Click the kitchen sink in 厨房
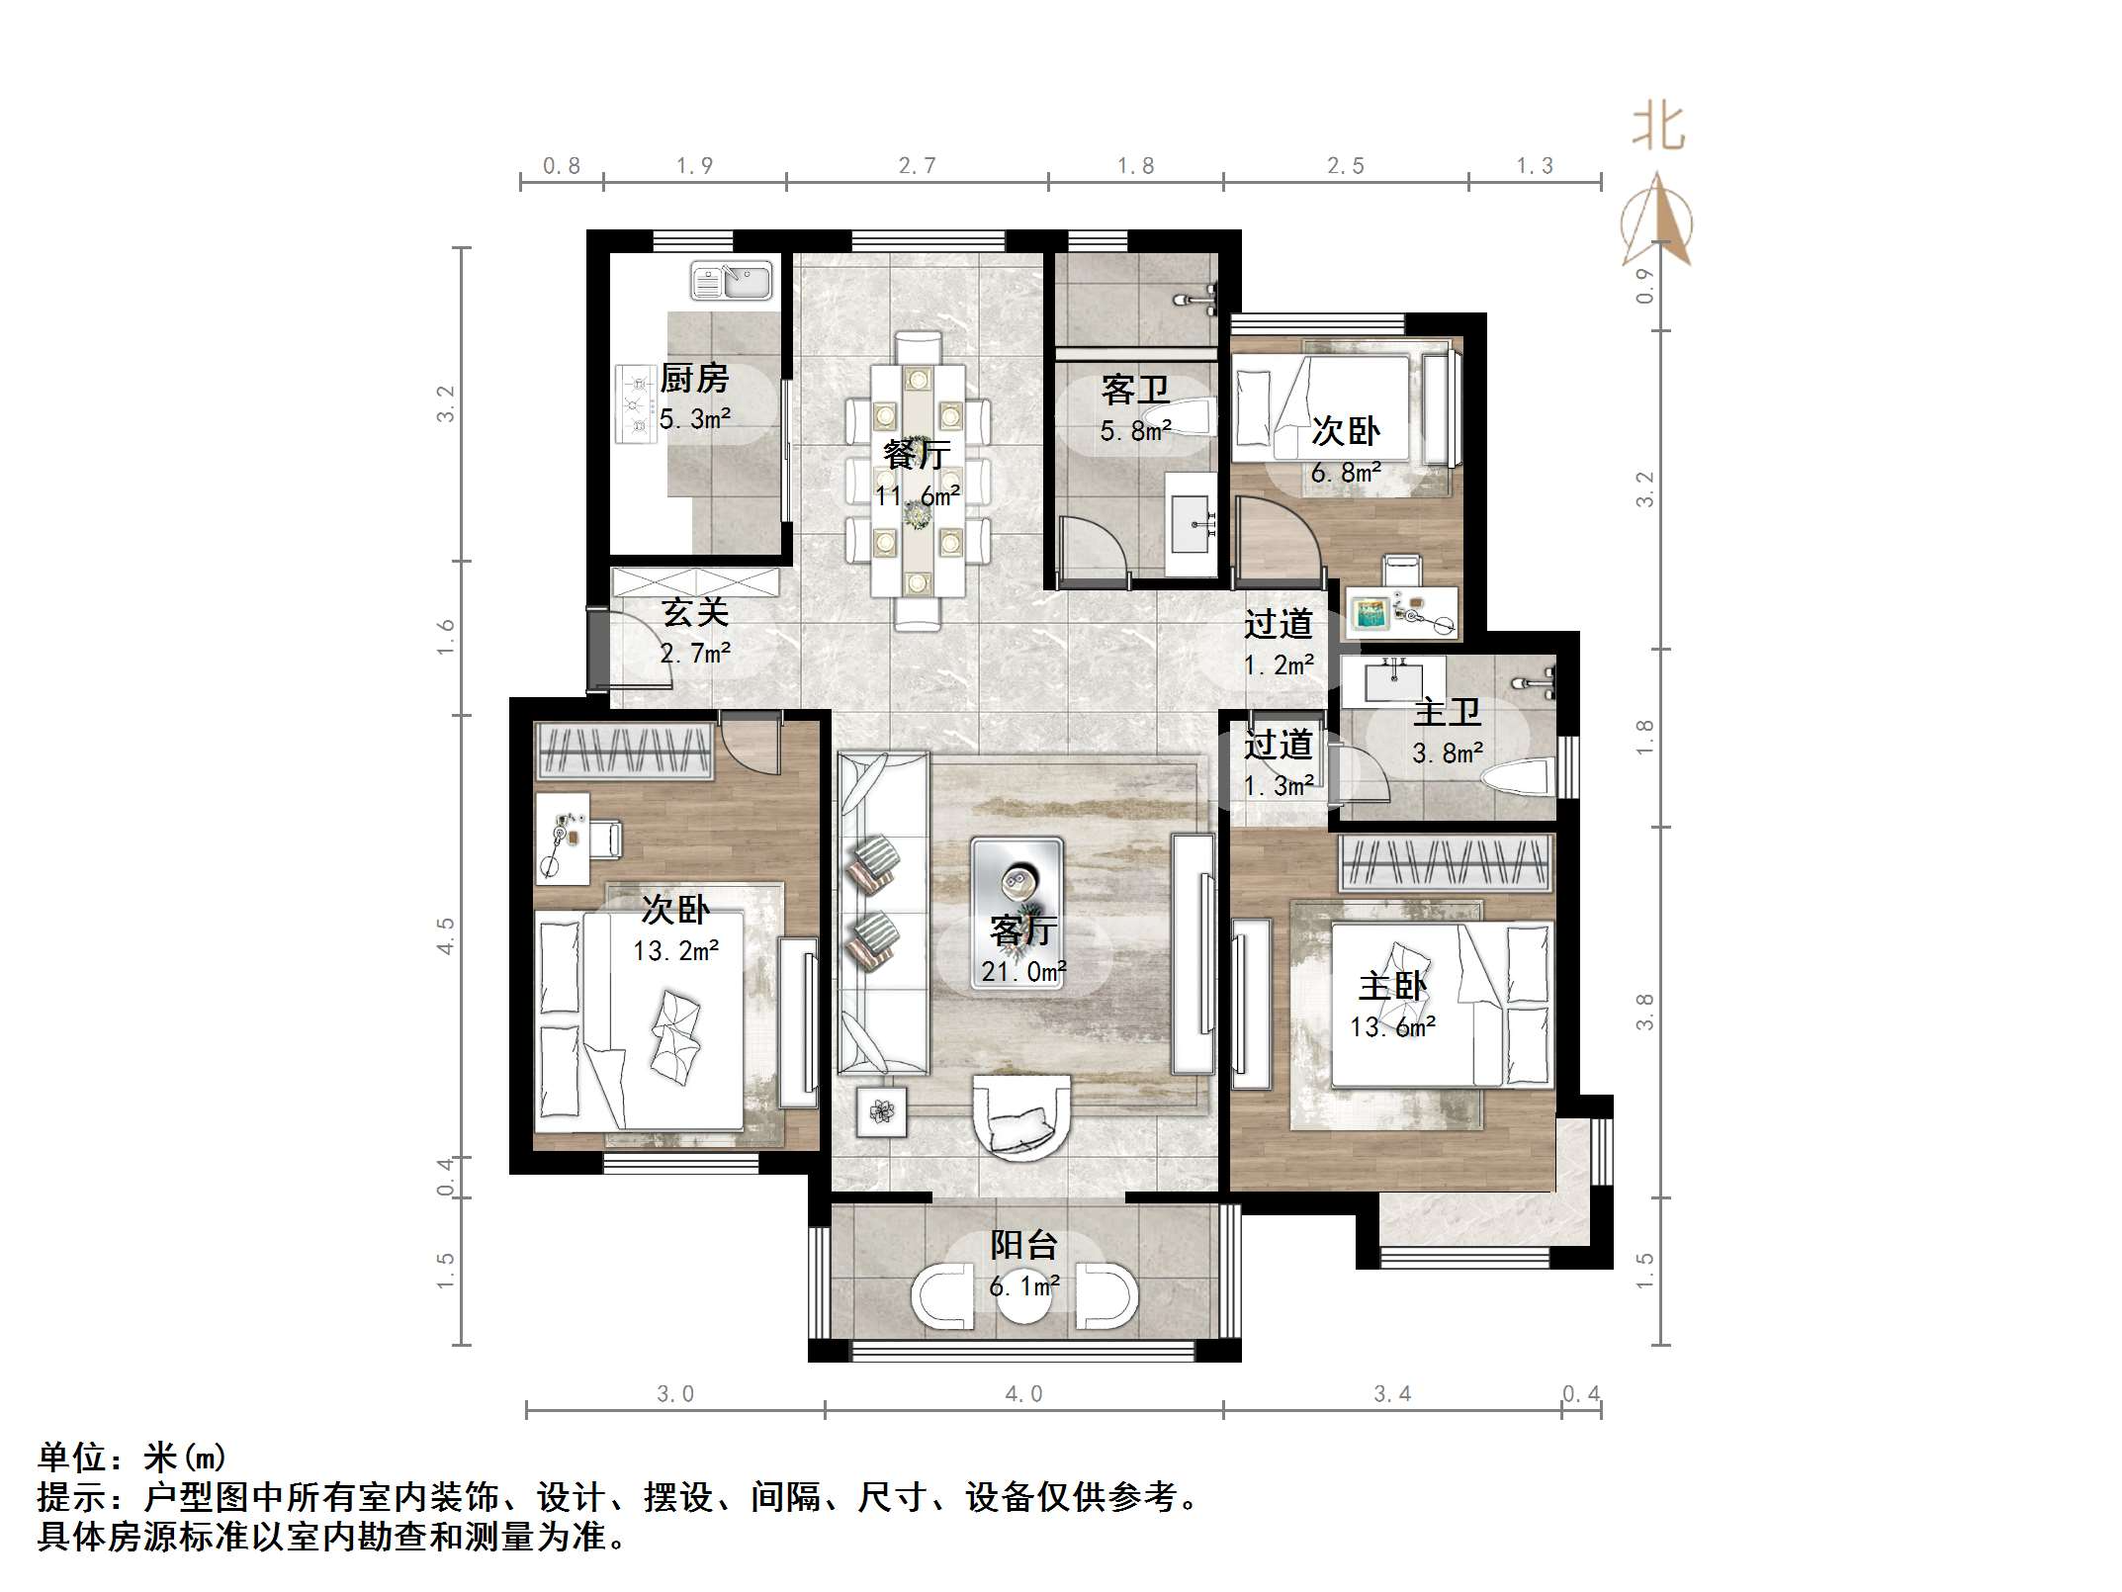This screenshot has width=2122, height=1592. (731, 281)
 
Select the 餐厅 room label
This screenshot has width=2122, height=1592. (917, 454)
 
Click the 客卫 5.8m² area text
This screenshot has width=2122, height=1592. (1135, 432)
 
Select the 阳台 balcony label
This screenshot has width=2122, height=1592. (1024, 1245)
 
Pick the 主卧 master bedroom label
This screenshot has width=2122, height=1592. (1392, 986)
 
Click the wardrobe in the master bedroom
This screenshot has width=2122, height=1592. (1445, 862)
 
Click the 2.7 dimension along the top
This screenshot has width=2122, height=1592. (917, 166)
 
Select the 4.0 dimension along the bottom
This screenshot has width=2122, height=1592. (1023, 1394)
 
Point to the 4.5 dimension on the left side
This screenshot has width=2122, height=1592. (445, 935)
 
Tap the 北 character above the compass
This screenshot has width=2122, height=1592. (1658, 129)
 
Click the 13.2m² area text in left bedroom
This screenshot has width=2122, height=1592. (675, 951)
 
